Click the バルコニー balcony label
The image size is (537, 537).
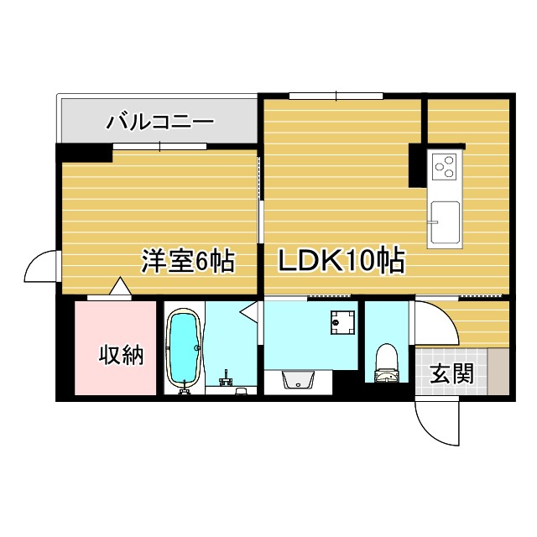click(x=159, y=122)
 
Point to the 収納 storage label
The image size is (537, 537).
click(x=122, y=355)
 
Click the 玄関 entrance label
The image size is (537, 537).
click(x=451, y=373)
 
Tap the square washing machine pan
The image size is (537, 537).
click(x=343, y=321)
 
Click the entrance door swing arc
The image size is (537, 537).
click(x=436, y=424)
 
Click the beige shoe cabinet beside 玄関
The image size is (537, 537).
click(x=498, y=369)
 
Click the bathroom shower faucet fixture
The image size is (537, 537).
click(x=225, y=379)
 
